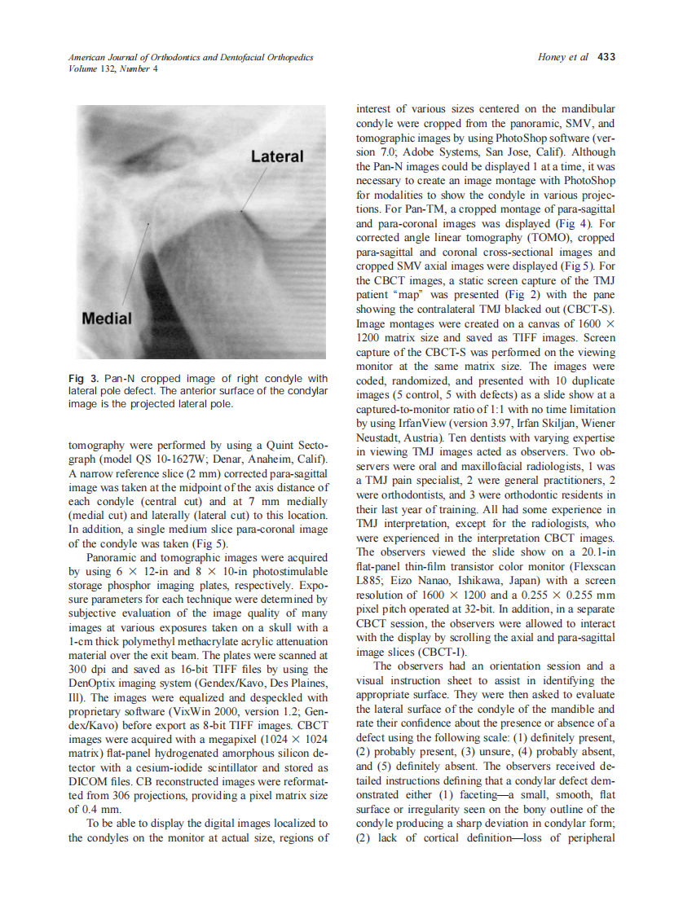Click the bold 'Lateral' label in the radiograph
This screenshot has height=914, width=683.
tap(276, 156)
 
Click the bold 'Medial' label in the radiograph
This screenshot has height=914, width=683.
tap(106, 318)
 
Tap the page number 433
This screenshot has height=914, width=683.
tap(606, 58)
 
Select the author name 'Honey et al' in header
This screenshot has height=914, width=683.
tap(563, 58)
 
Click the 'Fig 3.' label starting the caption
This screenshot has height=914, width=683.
tap(83, 379)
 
